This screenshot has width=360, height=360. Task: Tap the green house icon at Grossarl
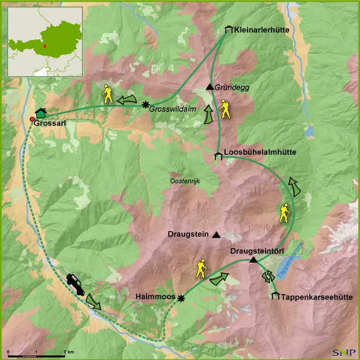pos(41,112)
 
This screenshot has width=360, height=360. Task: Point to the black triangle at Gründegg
pos(209,87)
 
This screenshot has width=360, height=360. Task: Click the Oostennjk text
pos(185,181)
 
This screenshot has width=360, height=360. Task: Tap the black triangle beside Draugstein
pos(216,235)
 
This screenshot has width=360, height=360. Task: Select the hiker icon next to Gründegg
pos(225,108)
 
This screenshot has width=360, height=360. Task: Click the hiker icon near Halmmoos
pos(201,269)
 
